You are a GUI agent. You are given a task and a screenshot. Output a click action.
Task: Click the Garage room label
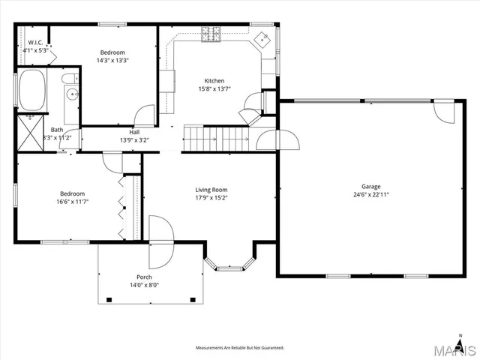pos(371,187)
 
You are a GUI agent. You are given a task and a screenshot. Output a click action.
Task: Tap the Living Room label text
pos(211,190)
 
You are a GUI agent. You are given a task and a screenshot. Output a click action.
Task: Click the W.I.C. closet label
pos(34,43)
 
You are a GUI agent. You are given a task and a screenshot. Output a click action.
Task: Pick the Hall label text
pos(134,132)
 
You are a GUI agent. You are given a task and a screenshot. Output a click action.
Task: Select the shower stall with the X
pos(32,133)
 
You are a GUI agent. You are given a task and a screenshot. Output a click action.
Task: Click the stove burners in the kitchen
pos(211,33)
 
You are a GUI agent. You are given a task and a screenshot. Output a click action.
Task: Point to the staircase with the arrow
pos(217,139)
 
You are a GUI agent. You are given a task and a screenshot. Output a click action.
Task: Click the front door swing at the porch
pos(159,242)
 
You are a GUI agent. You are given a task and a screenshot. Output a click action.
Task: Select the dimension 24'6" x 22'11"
pos(371,194)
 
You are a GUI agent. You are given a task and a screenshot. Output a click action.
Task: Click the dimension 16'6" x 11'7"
pos(72,201)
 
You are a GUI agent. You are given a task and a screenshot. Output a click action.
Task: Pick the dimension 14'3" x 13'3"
pos(113,60)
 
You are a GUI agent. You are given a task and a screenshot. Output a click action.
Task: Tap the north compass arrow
pos(460,336)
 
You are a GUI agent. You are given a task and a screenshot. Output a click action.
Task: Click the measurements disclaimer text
pos(239,348)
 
